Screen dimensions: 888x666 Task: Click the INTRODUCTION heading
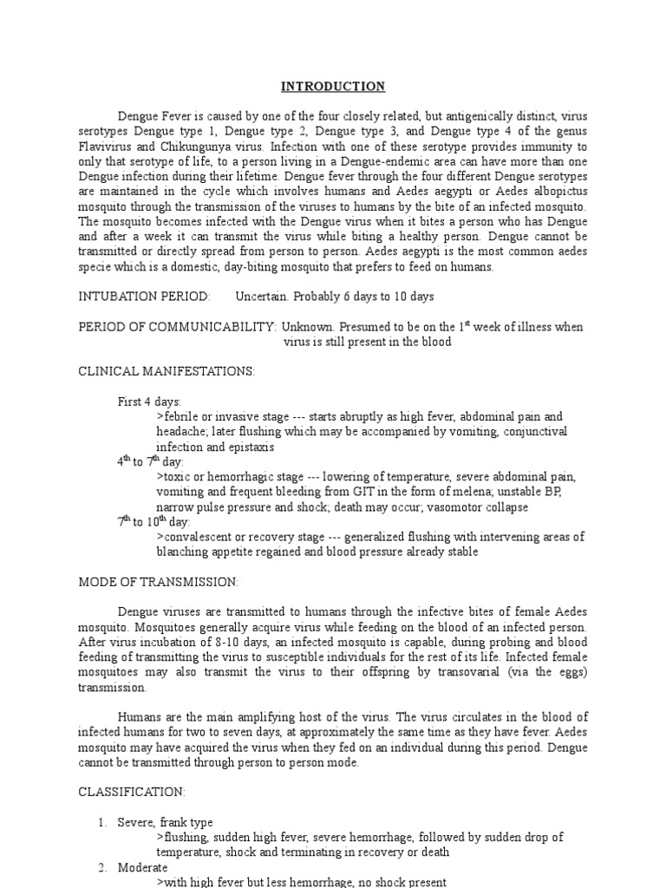[x=333, y=87]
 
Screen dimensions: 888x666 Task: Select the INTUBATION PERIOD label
[x=144, y=297]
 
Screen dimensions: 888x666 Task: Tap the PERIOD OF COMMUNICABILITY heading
[x=177, y=327]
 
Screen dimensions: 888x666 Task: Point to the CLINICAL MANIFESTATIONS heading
[x=166, y=371]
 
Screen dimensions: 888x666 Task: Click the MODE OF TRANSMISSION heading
[x=159, y=581]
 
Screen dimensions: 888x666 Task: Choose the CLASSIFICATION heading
[x=132, y=792]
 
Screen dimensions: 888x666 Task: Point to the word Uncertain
[x=263, y=297]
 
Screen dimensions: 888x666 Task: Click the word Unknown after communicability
[x=307, y=327]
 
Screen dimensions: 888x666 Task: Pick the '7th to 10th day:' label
[x=153, y=521]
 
